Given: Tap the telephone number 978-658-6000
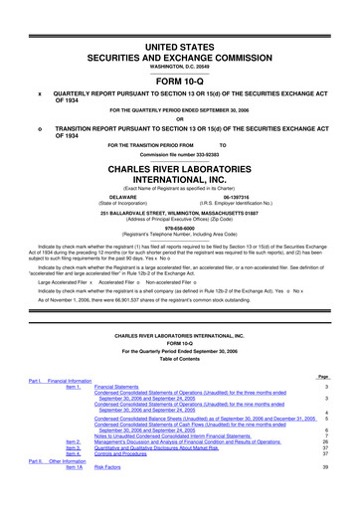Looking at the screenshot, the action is (x=179, y=254).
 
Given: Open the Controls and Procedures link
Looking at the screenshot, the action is (x=129, y=480).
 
